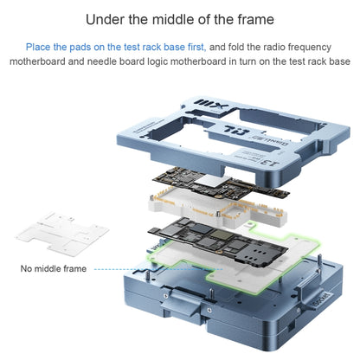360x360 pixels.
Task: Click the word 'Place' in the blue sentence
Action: [x=38, y=46]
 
